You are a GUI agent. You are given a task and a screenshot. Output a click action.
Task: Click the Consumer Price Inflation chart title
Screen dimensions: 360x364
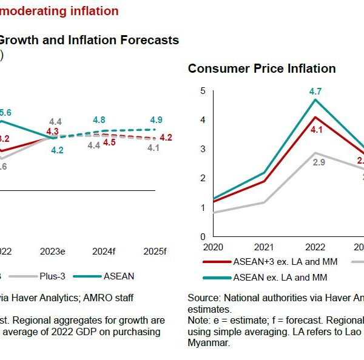click(x=261, y=68)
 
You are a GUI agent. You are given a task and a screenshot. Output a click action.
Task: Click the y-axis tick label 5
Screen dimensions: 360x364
click(x=203, y=91)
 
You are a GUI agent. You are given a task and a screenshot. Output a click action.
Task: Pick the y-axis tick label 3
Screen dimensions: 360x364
click(x=203, y=149)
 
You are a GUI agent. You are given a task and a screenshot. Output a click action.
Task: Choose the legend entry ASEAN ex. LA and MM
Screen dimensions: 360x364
click(x=281, y=277)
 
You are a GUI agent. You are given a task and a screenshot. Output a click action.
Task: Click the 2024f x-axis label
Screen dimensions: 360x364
click(x=104, y=251)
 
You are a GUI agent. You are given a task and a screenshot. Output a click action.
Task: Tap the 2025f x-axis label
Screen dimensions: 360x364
click(x=156, y=251)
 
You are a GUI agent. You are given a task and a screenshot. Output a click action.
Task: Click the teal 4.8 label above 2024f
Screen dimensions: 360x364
click(x=99, y=120)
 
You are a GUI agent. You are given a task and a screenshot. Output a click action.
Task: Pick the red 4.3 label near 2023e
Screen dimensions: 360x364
click(x=52, y=131)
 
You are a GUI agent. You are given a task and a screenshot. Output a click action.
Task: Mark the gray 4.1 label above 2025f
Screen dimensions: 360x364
click(x=153, y=147)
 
